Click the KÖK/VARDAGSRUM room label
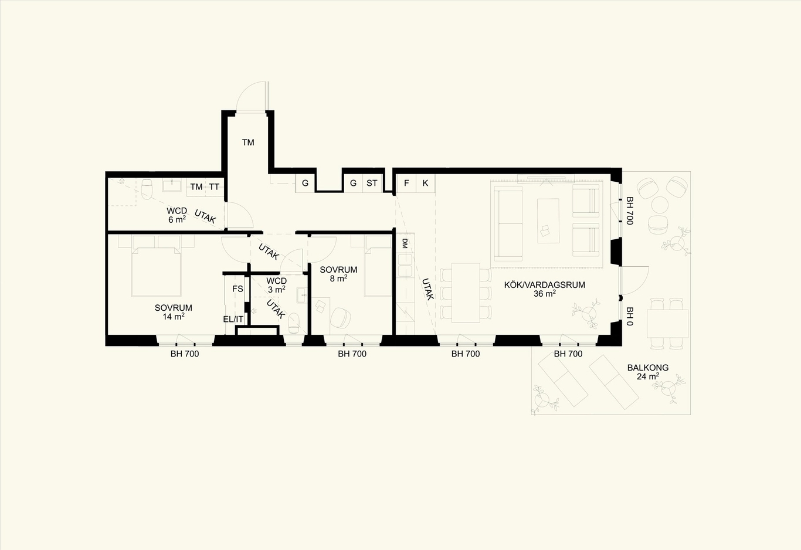(x=545, y=289)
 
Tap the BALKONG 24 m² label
(x=648, y=372)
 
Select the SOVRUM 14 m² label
(x=174, y=312)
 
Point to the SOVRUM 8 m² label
(x=338, y=274)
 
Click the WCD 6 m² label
(x=177, y=215)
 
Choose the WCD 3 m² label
(x=276, y=285)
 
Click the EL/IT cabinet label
(x=233, y=320)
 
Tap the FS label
(x=238, y=289)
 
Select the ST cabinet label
(x=372, y=183)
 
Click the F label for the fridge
(x=406, y=183)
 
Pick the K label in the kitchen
(x=425, y=183)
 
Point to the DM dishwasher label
(x=405, y=243)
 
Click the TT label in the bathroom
(x=214, y=186)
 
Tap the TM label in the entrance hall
(x=248, y=142)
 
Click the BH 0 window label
(x=630, y=317)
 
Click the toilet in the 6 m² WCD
(x=147, y=188)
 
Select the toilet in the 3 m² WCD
(x=294, y=323)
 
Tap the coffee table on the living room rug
(x=548, y=220)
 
